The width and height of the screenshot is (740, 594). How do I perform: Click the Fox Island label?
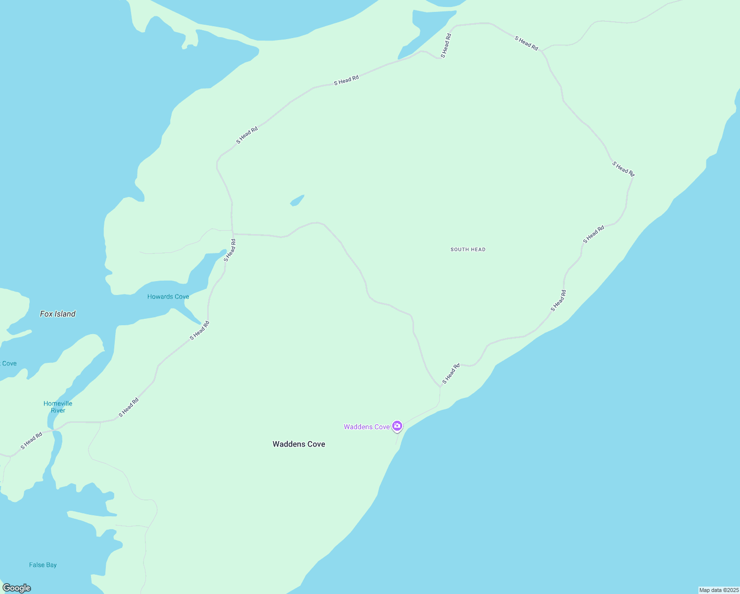(x=57, y=314)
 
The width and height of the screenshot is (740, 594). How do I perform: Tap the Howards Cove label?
(x=168, y=297)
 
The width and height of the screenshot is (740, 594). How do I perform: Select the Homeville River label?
(x=58, y=407)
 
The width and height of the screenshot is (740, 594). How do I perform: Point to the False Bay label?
(x=43, y=565)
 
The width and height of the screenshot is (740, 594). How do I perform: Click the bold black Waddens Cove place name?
(x=299, y=444)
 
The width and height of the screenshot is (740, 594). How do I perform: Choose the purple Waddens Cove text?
(x=367, y=427)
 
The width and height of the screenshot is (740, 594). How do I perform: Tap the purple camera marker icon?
(x=397, y=426)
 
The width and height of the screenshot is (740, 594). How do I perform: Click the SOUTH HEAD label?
(x=468, y=249)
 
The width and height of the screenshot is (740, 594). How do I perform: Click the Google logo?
(x=17, y=588)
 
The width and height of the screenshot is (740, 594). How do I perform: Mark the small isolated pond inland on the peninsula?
(x=297, y=200)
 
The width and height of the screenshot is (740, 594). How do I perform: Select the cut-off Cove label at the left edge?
(x=9, y=363)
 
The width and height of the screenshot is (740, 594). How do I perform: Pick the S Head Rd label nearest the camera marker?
(x=451, y=374)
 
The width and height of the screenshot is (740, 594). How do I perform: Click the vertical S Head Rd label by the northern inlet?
(x=446, y=46)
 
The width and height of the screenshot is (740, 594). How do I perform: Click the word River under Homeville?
(x=58, y=410)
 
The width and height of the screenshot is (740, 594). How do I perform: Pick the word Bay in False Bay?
(x=51, y=565)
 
